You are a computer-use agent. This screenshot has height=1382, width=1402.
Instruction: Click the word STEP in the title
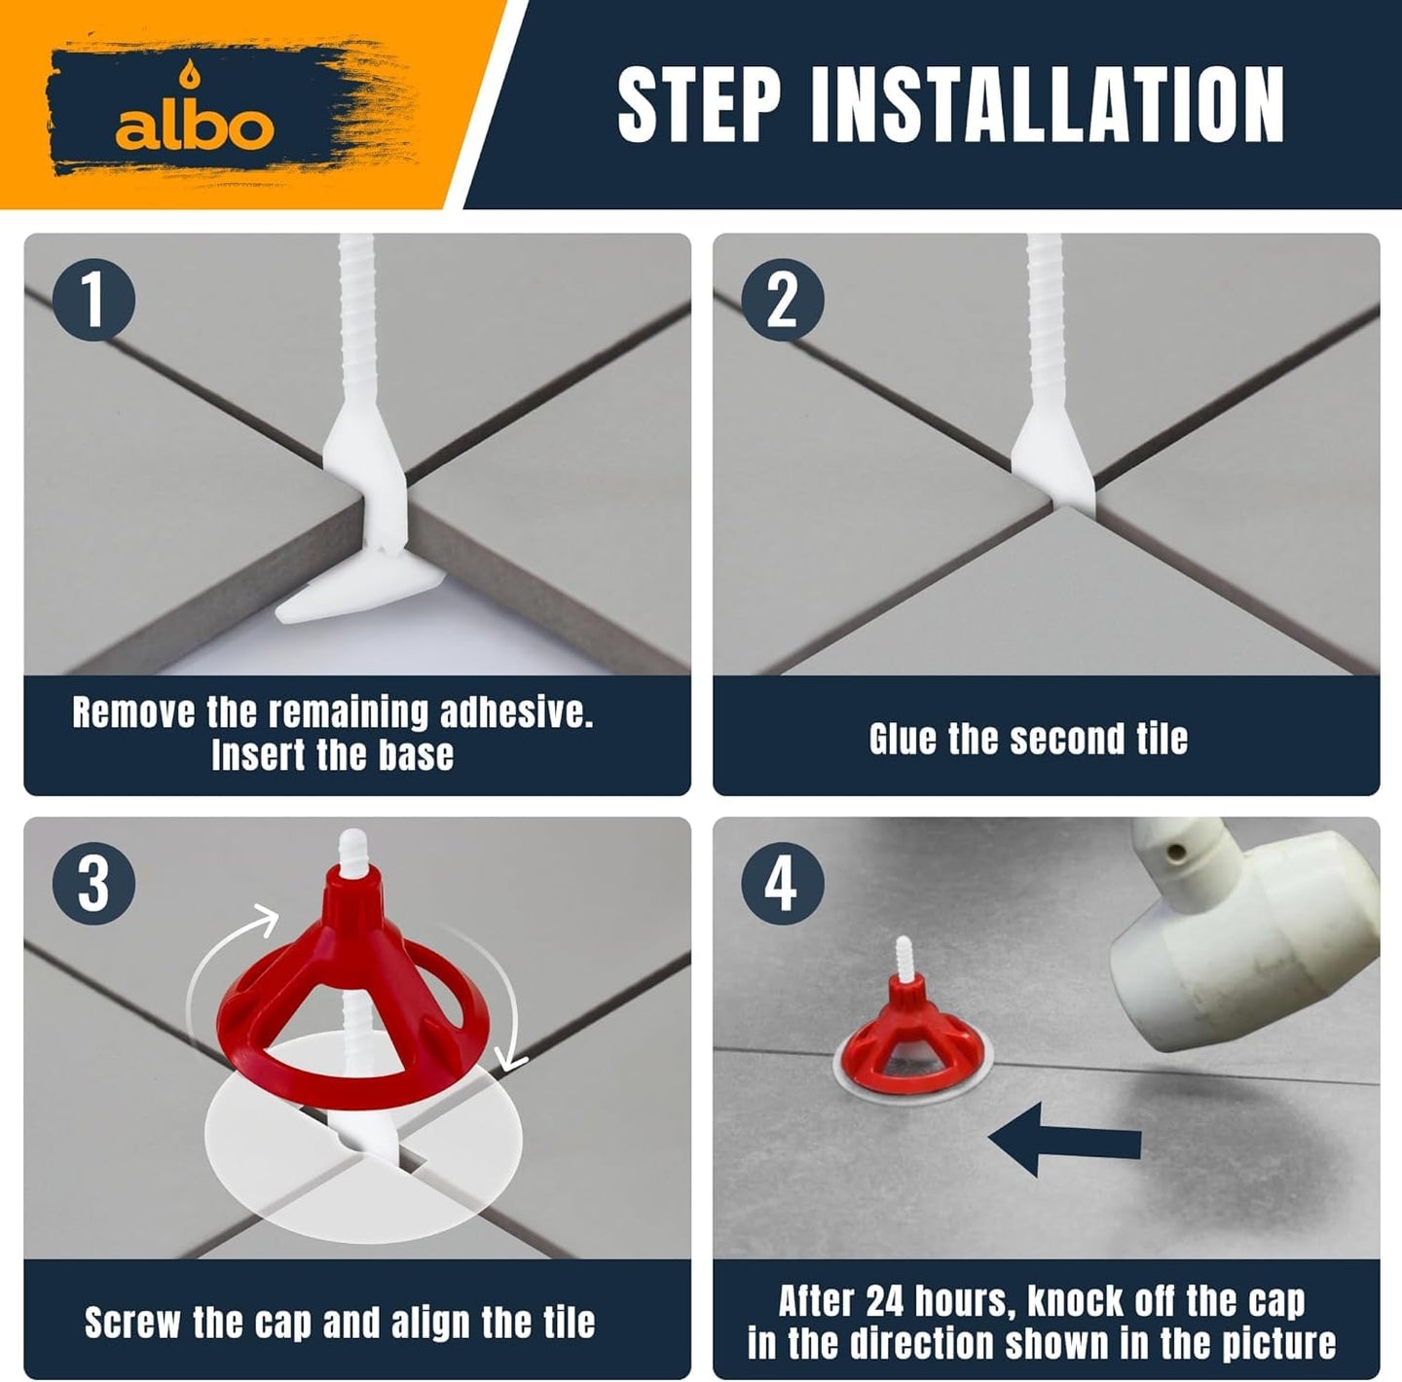[700, 104]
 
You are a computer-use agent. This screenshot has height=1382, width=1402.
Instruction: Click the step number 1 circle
[93, 300]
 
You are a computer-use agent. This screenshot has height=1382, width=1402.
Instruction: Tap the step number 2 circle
[782, 300]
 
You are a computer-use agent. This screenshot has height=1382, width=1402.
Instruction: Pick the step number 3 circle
[93, 883]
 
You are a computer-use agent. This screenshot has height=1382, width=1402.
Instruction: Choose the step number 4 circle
[782, 883]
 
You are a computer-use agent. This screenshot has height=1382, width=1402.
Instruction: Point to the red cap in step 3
[350, 997]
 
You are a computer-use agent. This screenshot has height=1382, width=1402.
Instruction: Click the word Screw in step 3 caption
[131, 1323]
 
